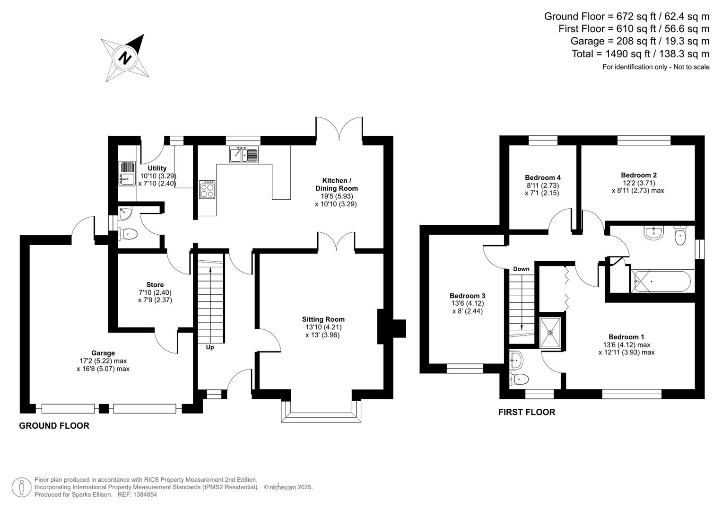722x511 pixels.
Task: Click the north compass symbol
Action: [126, 58]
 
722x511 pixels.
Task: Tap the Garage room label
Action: [103, 353]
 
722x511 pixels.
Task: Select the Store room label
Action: [155, 285]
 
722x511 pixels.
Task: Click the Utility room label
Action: [157, 168]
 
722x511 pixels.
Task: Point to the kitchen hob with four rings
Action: [207, 190]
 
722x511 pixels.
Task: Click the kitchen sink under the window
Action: [244, 155]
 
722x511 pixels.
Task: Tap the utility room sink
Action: [127, 174]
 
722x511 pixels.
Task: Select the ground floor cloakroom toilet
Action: [128, 234]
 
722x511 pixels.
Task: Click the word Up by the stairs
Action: [210, 347]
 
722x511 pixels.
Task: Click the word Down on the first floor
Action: [521, 269]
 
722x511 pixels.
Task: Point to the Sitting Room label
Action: [323, 319]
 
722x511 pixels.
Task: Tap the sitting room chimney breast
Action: [391, 326]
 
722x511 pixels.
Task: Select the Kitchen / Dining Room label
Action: [337, 185]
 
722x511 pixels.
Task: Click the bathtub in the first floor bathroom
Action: [661, 282]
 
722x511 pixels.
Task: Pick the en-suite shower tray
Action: [551, 333]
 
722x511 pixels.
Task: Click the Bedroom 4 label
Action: [543, 178]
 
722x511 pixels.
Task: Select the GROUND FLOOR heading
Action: [54, 426]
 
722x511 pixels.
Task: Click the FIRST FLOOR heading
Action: [527, 413]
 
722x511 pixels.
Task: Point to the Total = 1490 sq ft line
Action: [640, 54]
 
